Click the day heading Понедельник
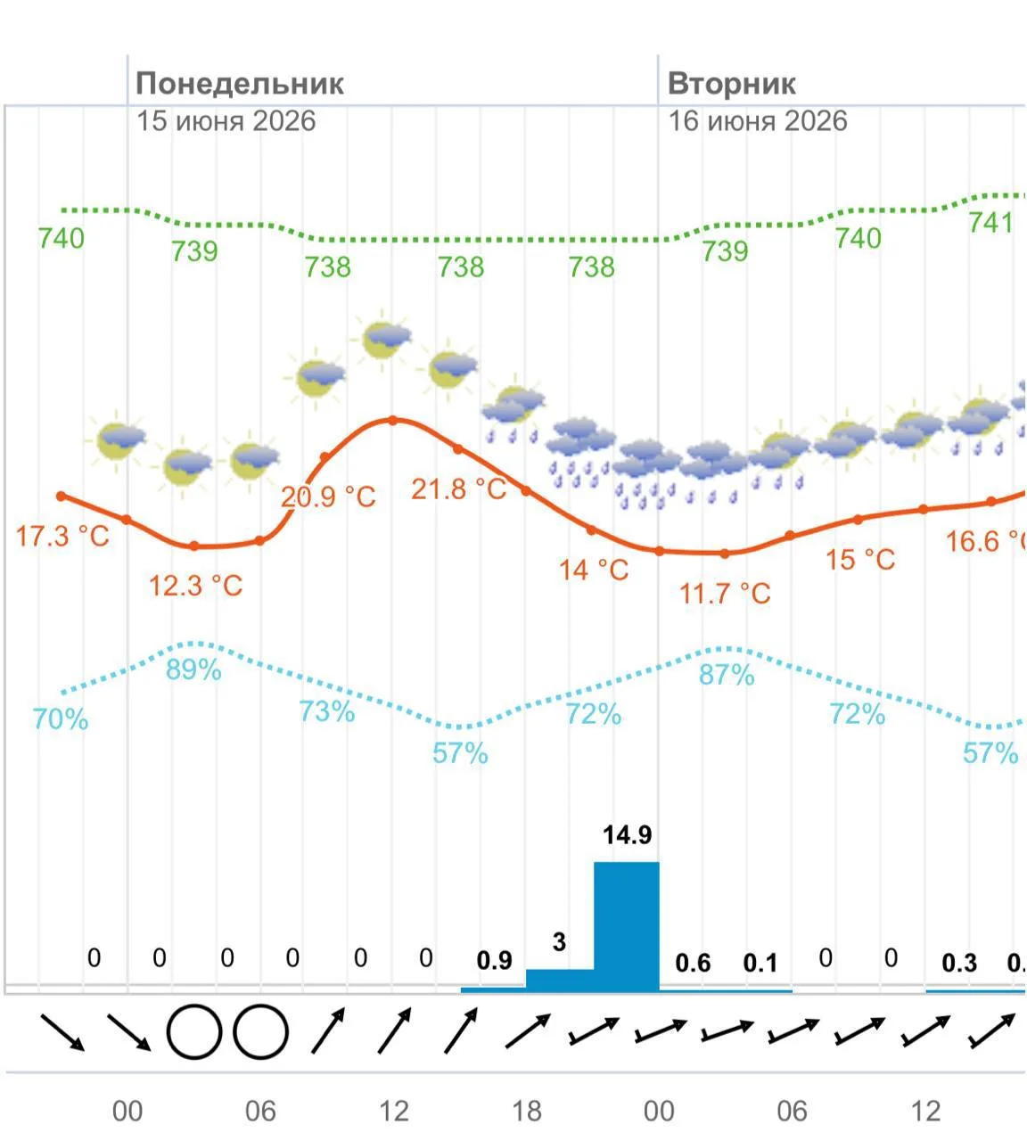(x=240, y=84)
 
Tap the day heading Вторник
(x=732, y=84)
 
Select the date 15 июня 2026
(x=226, y=121)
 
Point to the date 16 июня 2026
(x=757, y=121)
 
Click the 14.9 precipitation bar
(x=627, y=926)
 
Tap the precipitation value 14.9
(x=627, y=835)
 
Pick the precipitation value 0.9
(x=495, y=961)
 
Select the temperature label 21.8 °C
(x=458, y=489)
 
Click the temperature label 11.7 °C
(x=725, y=594)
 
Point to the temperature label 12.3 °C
(x=196, y=586)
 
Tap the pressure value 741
(x=991, y=222)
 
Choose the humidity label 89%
(x=193, y=669)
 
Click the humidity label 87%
(x=727, y=675)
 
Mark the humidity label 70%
(x=61, y=719)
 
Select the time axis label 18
(x=526, y=1111)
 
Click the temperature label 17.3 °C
(x=62, y=537)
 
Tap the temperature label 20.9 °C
(x=328, y=497)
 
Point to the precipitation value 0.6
(x=693, y=963)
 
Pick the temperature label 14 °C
(x=594, y=570)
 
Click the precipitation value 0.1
(x=760, y=963)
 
